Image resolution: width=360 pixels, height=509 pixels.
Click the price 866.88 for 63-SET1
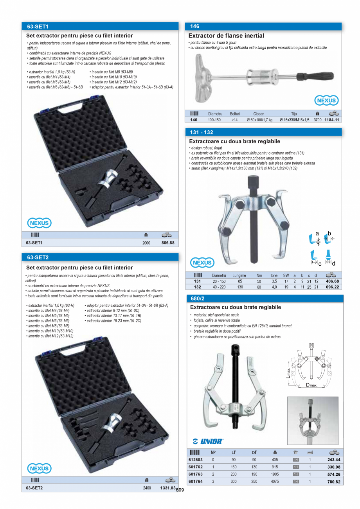tap(167, 243)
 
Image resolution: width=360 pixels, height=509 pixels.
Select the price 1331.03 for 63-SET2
tap(167, 488)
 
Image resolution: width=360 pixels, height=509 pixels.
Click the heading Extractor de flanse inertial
tap(226, 36)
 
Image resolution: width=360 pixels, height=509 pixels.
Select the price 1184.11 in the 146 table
tap(331, 120)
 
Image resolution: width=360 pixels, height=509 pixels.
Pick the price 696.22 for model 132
tap(332, 287)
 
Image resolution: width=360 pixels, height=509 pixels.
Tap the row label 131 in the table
tap(197, 281)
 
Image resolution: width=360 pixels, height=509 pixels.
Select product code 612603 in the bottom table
tap(196, 460)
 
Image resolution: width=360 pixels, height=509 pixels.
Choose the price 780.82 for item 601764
tap(334, 482)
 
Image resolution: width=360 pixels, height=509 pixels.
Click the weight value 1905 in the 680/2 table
tap(275, 474)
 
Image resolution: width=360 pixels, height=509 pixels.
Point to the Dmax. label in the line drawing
tap(311, 385)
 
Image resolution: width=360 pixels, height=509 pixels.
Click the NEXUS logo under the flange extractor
tap(326, 101)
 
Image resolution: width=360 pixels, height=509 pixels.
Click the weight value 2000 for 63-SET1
tap(146, 243)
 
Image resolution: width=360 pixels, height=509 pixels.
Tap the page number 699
tap(180, 490)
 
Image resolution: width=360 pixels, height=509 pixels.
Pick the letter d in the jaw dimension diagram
tap(334, 263)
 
